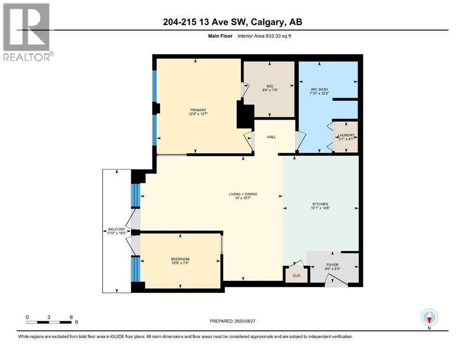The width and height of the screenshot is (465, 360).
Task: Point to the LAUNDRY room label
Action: (x=347, y=135)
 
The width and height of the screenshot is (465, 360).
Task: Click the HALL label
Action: (x=271, y=137)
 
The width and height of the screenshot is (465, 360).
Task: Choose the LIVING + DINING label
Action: (x=242, y=194)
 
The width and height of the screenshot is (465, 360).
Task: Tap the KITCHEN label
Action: (x=321, y=204)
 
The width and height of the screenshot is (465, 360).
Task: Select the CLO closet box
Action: (x=296, y=275)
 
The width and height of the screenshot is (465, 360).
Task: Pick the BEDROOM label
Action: (x=180, y=259)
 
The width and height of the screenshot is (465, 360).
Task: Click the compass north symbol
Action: (x=429, y=318)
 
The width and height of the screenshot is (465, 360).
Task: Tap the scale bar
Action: (x=49, y=322)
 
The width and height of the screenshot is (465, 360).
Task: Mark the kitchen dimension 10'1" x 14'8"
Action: (x=321, y=209)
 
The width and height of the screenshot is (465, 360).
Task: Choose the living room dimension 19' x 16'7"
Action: (x=242, y=199)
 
